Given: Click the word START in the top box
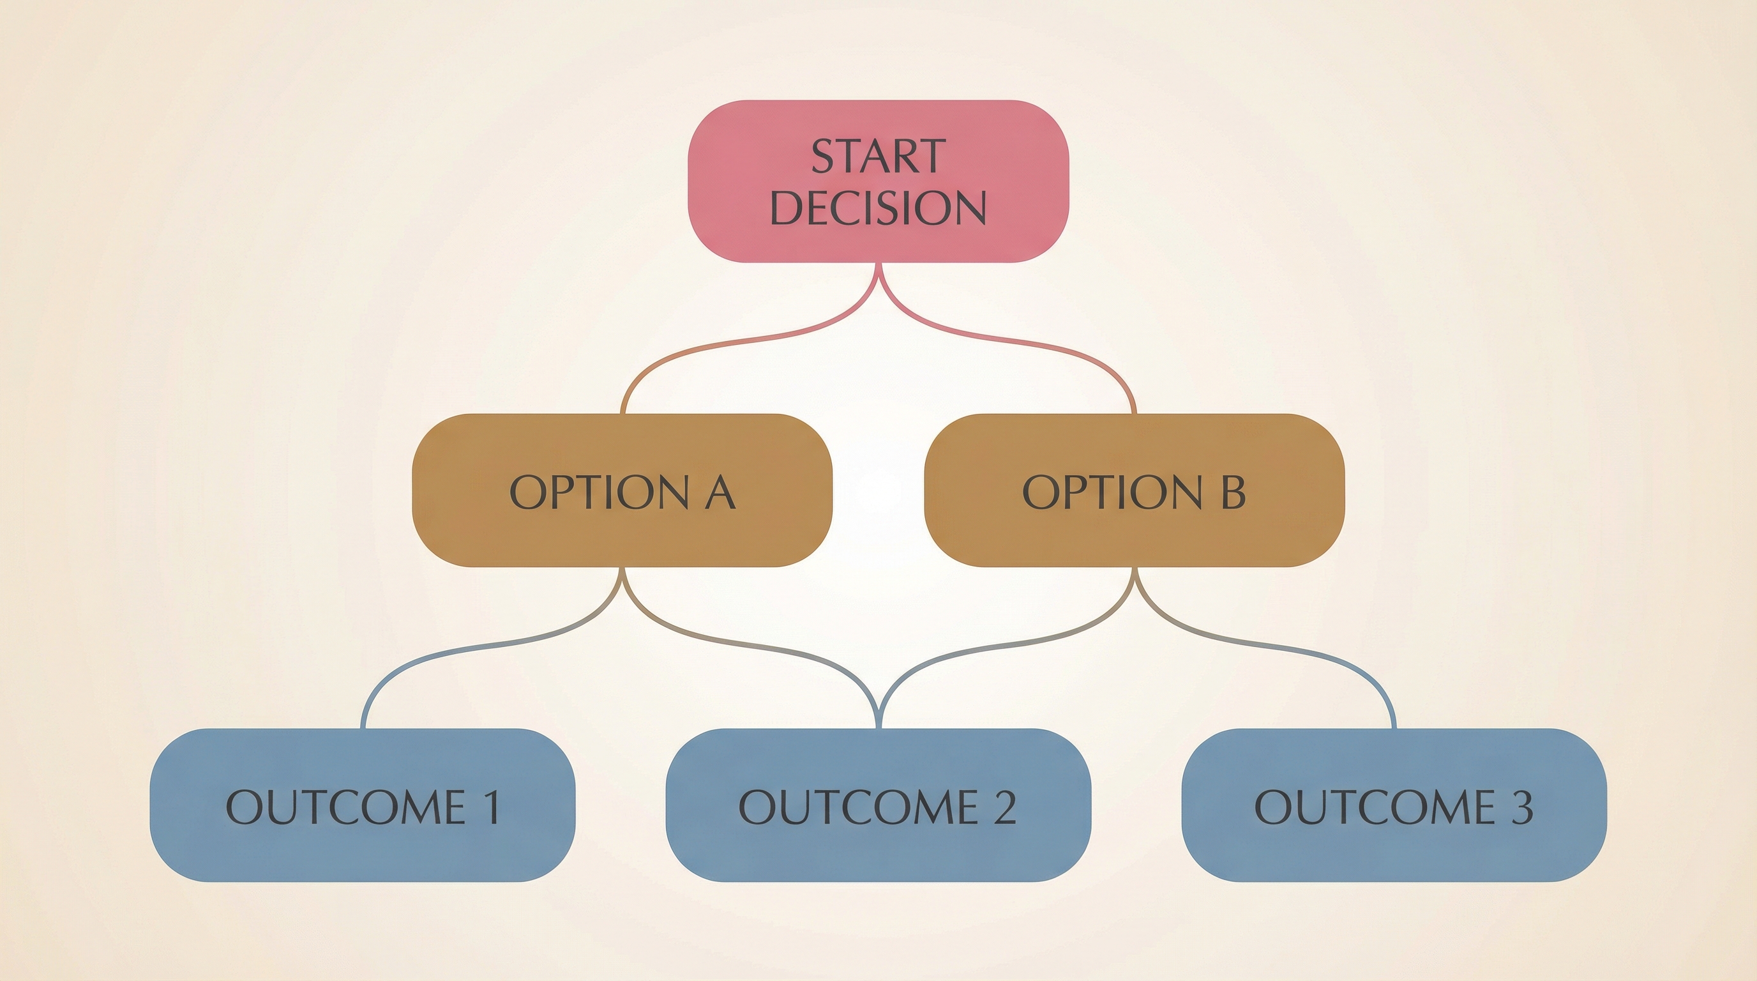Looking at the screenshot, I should tap(878, 156).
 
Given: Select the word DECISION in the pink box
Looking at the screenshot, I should tap(878, 208).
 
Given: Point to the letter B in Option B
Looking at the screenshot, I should tap(1232, 492).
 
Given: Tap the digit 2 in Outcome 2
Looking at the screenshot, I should tap(1004, 807).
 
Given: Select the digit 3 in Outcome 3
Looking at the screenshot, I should tap(1520, 807).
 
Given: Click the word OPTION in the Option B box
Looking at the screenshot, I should tap(1112, 492).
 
